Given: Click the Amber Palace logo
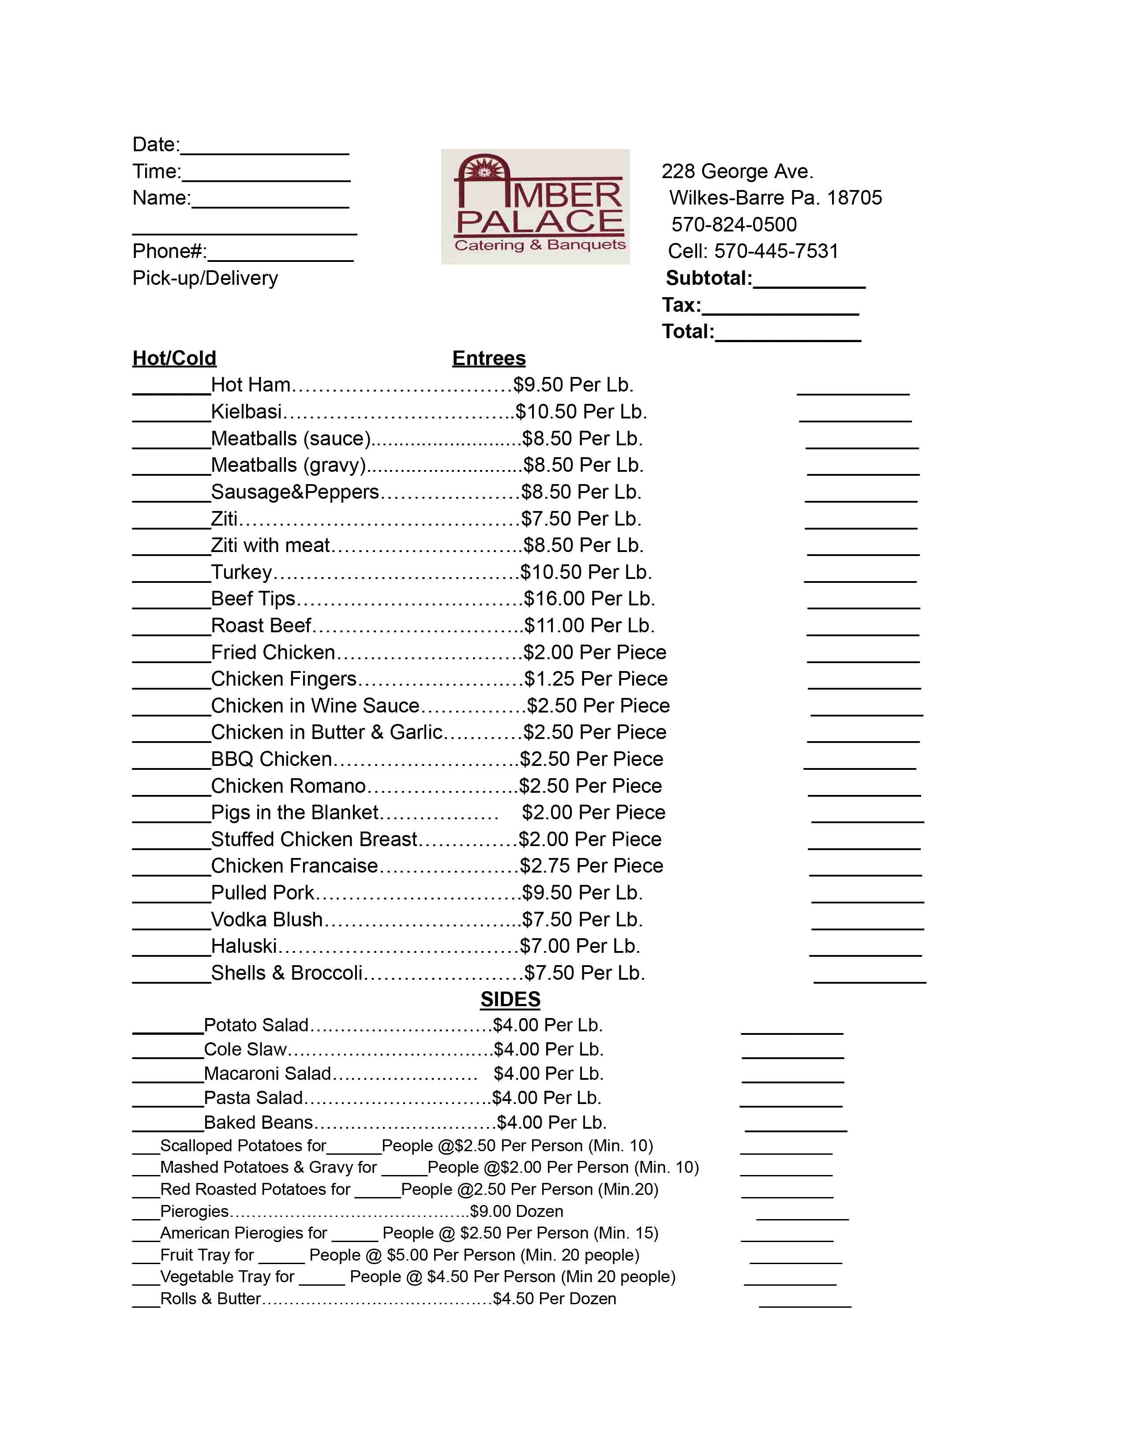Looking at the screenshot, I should [x=535, y=206].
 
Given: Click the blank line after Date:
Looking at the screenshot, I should [x=265, y=146].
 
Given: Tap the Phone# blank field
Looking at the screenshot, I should [x=280, y=253].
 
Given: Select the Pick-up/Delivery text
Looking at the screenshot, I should [x=205, y=278].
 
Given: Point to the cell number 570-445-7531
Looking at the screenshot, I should [x=776, y=251].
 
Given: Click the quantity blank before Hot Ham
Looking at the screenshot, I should [x=171, y=386].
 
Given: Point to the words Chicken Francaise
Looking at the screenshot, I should [x=294, y=866].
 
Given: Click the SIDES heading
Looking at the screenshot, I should [x=510, y=999].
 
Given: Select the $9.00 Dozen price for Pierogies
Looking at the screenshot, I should [x=517, y=1211].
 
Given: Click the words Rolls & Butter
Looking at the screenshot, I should [x=210, y=1298].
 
